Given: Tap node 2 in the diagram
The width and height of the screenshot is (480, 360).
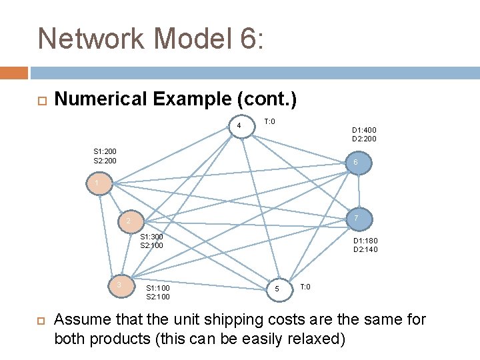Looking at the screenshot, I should (130, 221).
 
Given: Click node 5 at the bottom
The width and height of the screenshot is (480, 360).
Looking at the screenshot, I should (277, 289).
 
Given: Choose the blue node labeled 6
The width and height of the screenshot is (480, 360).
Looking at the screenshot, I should (356, 163).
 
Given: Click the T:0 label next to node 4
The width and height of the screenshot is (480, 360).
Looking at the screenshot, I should (269, 121).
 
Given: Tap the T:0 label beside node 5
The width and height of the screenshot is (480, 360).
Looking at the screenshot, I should (305, 286).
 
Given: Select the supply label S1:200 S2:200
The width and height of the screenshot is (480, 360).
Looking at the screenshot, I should (105, 156).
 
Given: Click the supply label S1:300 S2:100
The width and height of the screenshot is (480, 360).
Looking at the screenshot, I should (151, 241).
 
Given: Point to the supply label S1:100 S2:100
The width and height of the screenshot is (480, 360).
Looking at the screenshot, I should (157, 292).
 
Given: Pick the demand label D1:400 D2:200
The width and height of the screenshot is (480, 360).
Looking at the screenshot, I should (364, 135).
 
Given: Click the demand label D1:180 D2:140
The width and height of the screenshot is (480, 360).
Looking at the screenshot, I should (365, 245).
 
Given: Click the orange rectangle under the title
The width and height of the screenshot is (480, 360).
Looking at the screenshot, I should (13, 73).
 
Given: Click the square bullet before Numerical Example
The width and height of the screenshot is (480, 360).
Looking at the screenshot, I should (39, 101).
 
